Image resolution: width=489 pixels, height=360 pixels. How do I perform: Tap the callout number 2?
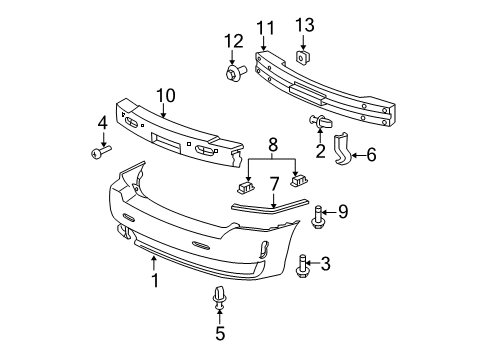tap(320, 151)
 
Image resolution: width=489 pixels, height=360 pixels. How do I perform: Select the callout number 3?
tap(325, 263)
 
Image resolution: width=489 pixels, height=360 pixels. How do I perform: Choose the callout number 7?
tap(272, 183)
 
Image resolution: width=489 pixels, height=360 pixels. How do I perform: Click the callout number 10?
tap(164, 95)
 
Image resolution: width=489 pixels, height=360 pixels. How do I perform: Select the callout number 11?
tap(264, 27)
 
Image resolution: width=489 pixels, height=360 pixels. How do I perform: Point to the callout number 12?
tap(233, 41)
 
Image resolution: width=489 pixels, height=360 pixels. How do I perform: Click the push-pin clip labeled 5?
tap(219, 299)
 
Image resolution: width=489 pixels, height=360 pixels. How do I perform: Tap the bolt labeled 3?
tap(301, 265)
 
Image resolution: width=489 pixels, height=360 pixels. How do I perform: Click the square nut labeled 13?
tap(306, 57)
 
